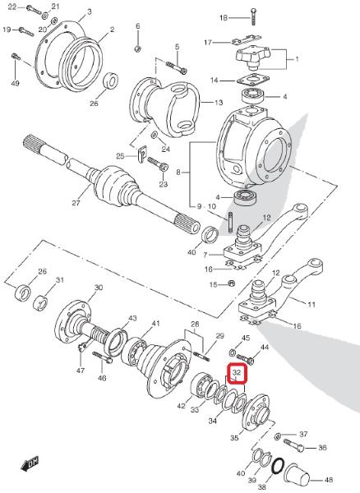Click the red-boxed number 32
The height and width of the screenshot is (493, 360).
tap(237, 372)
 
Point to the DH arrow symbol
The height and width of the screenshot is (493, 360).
tap(30, 463)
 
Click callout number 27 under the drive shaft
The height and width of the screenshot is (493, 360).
tap(76, 203)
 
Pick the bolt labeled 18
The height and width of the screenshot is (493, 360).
tap(253, 17)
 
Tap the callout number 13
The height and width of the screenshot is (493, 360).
tap(219, 103)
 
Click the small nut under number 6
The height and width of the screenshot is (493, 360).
tap(137, 48)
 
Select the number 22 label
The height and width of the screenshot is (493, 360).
tap(12, 7)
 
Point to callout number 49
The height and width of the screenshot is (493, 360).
tap(15, 83)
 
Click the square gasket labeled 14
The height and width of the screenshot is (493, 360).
tap(253, 80)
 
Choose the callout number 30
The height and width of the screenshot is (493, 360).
tap(99, 288)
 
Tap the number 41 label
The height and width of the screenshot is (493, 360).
tap(156, 323)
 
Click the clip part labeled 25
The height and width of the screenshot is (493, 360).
tap(142, 154)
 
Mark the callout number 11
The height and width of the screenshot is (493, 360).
tap(312, 304)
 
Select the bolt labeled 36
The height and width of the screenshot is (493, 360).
tap(294, 444)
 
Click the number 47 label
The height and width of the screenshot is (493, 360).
tap(81, 371)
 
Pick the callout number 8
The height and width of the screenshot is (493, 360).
tap(178, 173)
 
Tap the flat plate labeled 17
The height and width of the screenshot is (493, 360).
tap(247, 39)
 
